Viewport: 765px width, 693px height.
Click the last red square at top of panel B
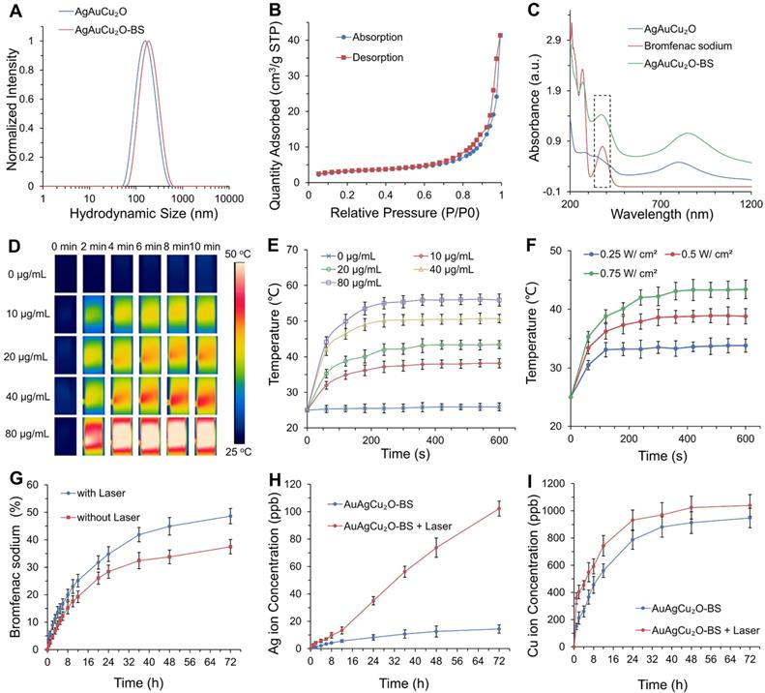(501, 36)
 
